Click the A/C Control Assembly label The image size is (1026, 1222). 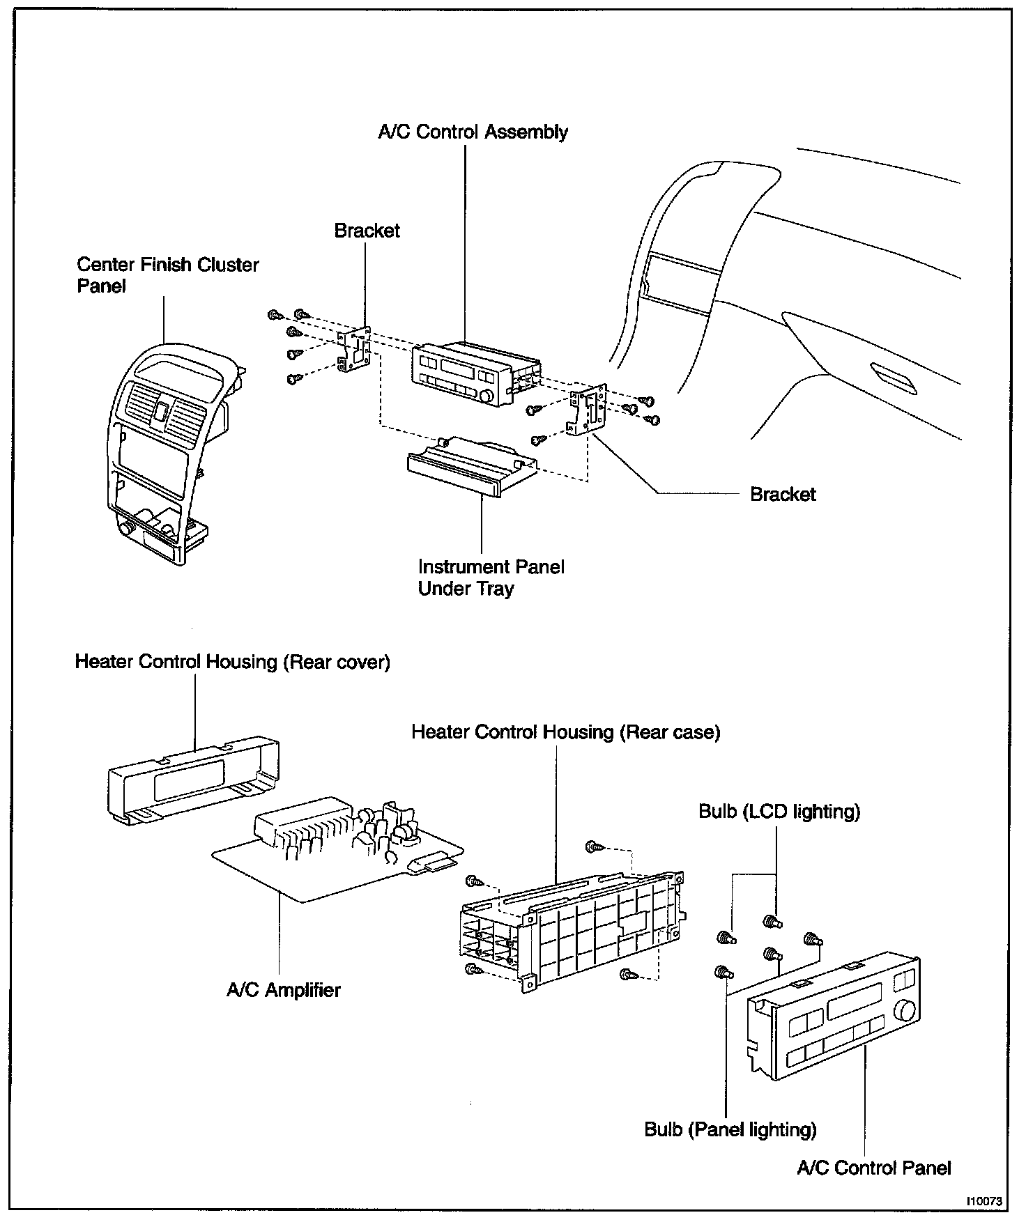pos(473,132)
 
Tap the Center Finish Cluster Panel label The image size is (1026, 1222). pos(167,275)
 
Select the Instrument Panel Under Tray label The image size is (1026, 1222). pos(491,578)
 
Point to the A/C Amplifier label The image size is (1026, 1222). pos(284,989)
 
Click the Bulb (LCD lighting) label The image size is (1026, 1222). pos(779,812)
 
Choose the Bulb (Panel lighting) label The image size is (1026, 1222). pos(730,1129)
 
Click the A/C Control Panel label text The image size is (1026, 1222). pos(874,1168)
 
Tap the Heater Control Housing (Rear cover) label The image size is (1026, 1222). pos(232,661)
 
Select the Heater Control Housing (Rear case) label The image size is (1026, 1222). pos(565,732)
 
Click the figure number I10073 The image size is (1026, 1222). pos(983,1201)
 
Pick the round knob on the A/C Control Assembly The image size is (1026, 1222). pos(487,396)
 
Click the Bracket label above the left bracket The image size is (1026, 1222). pos(367,231)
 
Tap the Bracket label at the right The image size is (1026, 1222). pos(782,494)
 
